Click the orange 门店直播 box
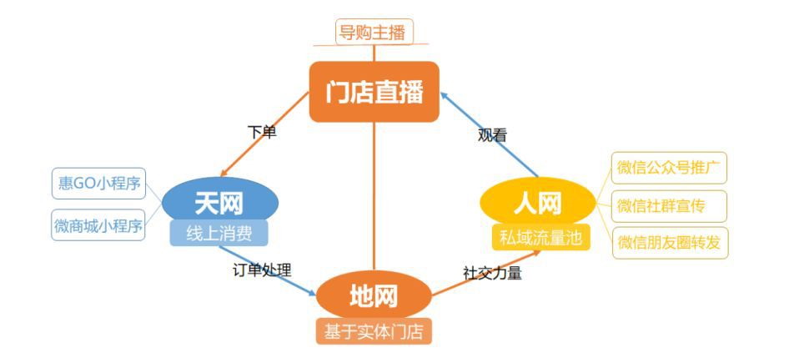coord(374,92)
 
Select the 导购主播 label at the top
coord(374,33)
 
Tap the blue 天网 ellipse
coord(220,203)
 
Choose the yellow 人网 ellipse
coord(538,203)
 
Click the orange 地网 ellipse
coord(374,295)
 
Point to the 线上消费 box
coord(219,233)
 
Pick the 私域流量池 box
coord(540,237)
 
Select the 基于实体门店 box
coord(374,331)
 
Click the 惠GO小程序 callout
coord(98,184)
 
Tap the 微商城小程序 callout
coord(98,225)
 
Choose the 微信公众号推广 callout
coord(669,168)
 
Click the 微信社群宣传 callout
coord(669,206)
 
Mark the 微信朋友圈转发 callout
coord(670,243)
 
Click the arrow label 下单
coord(262,133)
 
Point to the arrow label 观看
coord(492,135)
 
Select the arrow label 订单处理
coord(262,270)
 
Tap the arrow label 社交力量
coord(492,273)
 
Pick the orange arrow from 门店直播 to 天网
coord(264,134)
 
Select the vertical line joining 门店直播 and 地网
coord(374,196)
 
